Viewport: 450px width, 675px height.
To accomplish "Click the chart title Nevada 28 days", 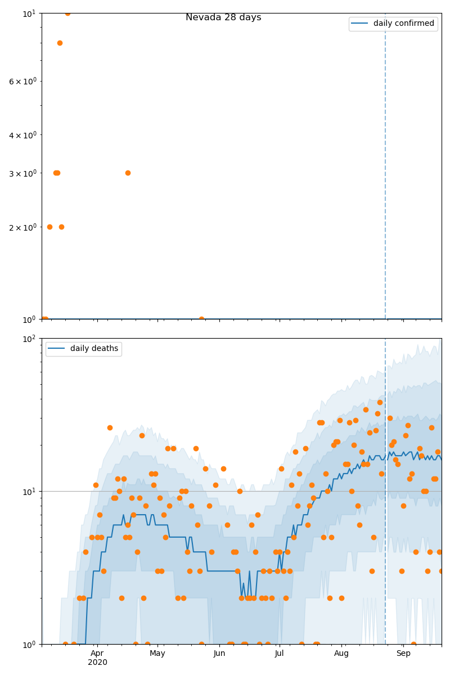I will (x=223, y=17).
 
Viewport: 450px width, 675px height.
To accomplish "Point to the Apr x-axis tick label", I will (x=97, y=653).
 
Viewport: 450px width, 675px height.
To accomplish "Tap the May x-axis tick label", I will (x=157, y=653).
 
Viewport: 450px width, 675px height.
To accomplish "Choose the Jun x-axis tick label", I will (x=219, y=653).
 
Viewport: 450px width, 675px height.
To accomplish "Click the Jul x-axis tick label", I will (x=279, y=653).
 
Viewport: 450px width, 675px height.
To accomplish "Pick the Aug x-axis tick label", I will (x=341, y=653).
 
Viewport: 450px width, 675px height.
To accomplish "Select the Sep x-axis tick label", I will (x=403, y=653).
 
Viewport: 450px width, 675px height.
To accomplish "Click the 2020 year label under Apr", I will (x=97, y=662).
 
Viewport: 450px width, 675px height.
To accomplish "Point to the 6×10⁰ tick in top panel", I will (x=22, y=81).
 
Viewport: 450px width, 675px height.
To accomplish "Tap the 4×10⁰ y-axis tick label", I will (x=22, y=135).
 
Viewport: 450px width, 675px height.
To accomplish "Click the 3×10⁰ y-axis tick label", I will (x=22, y=173).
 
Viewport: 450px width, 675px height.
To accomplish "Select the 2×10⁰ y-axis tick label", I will (x=22, y=227).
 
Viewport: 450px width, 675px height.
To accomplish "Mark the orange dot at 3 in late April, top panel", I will (x=128, y=173).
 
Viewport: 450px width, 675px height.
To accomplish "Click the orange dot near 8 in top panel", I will (x=60, y=43).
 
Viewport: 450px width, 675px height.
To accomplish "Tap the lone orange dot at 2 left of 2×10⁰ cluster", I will (x=49, y=227).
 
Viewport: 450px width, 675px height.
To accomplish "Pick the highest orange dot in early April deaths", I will (x=110, y=427).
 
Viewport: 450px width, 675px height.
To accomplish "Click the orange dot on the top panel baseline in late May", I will (x=201, y=319).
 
